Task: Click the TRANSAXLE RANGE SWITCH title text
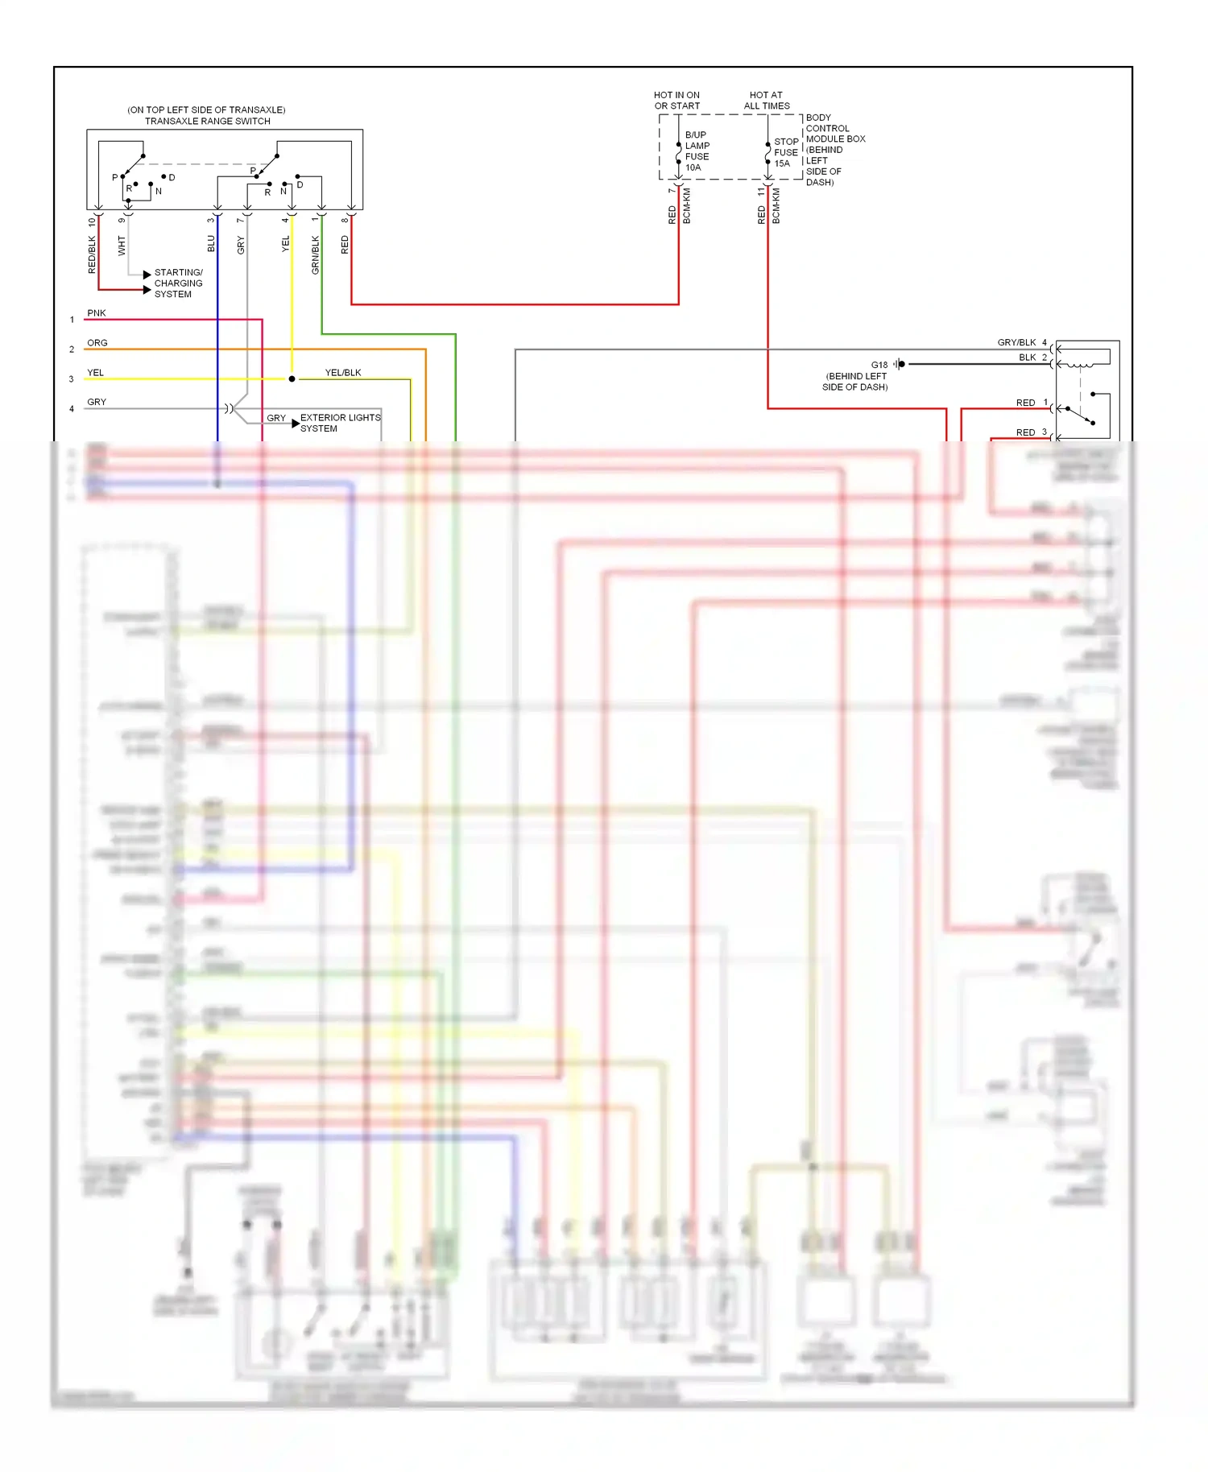[207, 121]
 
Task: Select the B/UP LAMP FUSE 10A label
[697, 151]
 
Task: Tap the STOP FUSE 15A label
[785, 152]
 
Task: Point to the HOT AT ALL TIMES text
[766, 101]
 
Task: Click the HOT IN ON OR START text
[676, 101]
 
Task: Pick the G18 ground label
[879, 365]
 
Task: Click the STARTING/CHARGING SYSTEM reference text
[178, 283]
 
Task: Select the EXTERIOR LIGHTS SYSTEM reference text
[339, 423]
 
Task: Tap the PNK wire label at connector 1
[97, 313]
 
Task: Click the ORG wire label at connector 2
[97, 343]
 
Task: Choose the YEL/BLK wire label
[343, 373]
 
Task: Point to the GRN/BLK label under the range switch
[316, 254]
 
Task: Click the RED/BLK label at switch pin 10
[92, 254]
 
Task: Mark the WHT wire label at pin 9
[122, 246]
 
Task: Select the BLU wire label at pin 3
[211, 243]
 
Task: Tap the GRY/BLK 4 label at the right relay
[1021, 342]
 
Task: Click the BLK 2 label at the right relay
[1032, 358]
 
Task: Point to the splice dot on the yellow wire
[292, 378]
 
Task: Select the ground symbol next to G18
[900, 364]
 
